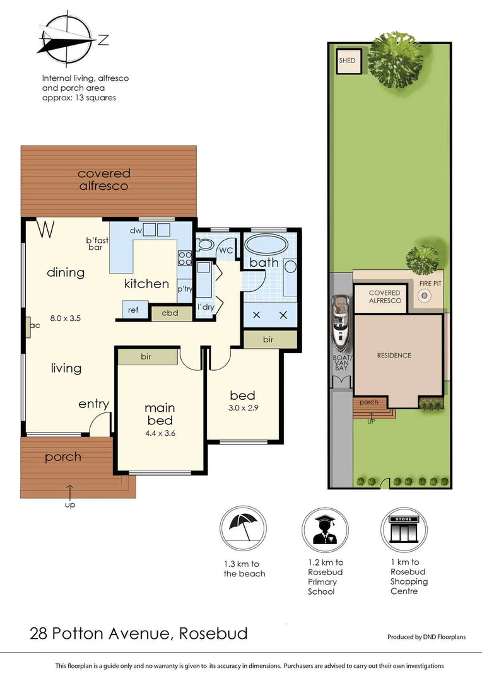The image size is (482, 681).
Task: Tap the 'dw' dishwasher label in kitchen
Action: coord(135,231)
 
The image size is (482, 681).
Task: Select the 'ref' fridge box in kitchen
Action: coord(134,310)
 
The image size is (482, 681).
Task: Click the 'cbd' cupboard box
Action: coord(169,313)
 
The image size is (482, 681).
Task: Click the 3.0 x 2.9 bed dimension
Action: coord(244,408)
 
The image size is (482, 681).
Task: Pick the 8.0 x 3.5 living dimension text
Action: coord(66,318)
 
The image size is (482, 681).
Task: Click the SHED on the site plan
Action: coord(348,61)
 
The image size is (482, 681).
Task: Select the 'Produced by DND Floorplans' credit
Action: coord(426,637)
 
